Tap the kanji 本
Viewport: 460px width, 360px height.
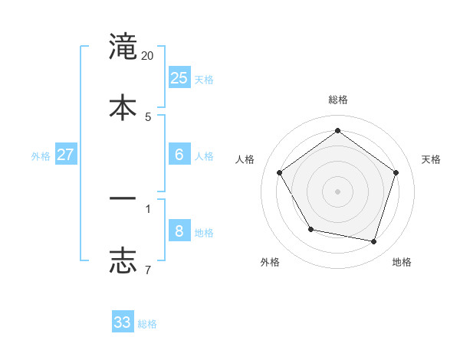pyautogui.click(x=123, y=106)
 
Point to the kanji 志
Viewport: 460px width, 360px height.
pyautogui.click(x=123, y=259)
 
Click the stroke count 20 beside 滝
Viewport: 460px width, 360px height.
pyautogui.click(x=148, y=56)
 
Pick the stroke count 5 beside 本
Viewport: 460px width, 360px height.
pyautogui.click(x=148, y=116)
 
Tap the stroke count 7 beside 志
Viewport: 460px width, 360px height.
pyautogui.click(x=148, y=269)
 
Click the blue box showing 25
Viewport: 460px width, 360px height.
pyautogui.click(x=179, y=78)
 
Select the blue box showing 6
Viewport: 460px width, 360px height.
pyautogui.click(x=179, y=155)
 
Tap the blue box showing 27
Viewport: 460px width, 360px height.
pyautogui.click(x=66, y=155)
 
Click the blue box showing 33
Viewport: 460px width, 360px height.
pyautogui.click(x=123, y=322)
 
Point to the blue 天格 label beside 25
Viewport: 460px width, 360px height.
pyautogui.click(x=204, y=80)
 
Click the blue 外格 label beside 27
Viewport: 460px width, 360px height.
pyautogui.click(x=41, y=156)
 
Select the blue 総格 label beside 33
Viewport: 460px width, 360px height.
pyautogui.click(x=147, y=324)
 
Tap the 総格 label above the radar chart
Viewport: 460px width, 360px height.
pyautogui.click(x=338, y=100)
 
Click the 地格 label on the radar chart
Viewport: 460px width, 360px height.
pyautogui.click(x=402, y=263)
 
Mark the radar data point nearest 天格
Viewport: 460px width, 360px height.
pyautogui.click(x=396, y=172)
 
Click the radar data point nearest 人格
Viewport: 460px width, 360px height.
pyautogui.click(x=280, y=172)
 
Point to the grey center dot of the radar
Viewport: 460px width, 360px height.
pyautogui.click(x=338, y=191)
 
